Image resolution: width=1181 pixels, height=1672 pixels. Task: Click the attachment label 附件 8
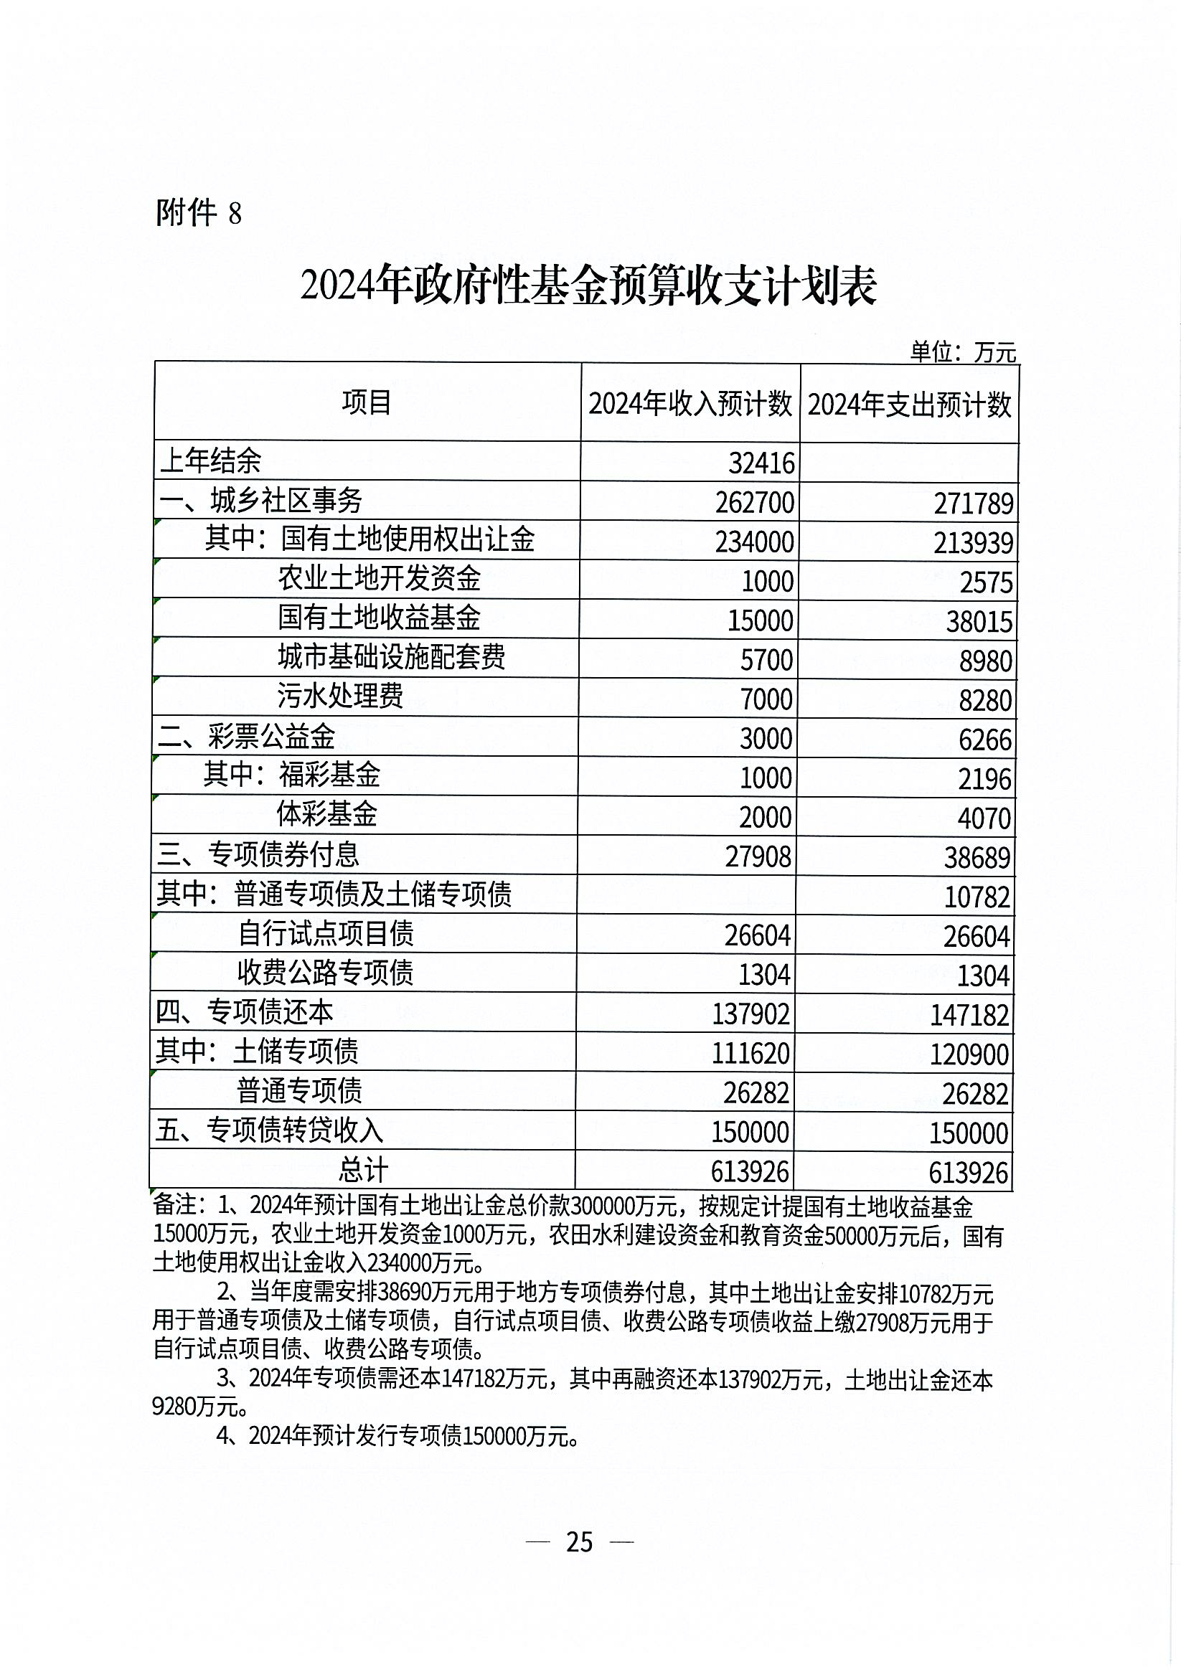(x=198, y=213)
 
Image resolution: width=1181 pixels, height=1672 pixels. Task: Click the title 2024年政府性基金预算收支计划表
(x=588, y=286)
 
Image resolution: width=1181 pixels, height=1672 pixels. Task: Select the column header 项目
(x=367, y=402)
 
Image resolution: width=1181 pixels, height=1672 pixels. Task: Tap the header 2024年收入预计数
(x=690, y=403)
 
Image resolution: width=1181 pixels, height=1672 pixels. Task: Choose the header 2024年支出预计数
(x=909, y=404)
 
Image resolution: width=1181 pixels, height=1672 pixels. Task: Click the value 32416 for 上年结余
(x=761, y=463)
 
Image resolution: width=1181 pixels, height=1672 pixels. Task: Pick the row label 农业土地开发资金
(x=379, y=578)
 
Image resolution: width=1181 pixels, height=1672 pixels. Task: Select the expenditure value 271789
(x=974, y=504)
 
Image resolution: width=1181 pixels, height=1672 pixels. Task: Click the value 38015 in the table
(x=979, y=621)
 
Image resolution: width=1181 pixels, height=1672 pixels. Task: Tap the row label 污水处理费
(x=339, y=696)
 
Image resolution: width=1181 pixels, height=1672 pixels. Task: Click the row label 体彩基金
(x=326, y=813)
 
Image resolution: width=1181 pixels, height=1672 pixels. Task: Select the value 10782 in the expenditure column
(x=977, y=897)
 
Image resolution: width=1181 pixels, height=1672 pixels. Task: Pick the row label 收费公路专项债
(x=325, y=971)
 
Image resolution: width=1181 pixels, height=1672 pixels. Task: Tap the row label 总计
(x=363, y=1170)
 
